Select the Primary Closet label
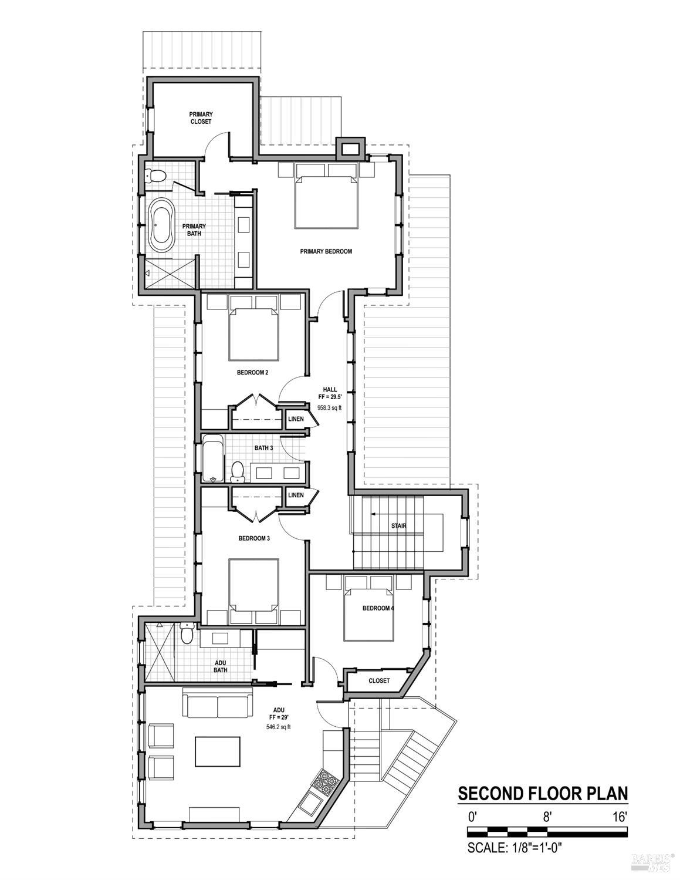[201, 117]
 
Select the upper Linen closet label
[296, 419]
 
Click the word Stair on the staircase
[399, 526]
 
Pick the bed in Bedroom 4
[368, 611]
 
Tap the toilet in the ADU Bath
[187, 635]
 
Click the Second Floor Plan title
[543, 794]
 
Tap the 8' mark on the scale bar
[547, 816]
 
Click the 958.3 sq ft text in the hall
[329, 407]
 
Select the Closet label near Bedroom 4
[379, 681]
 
